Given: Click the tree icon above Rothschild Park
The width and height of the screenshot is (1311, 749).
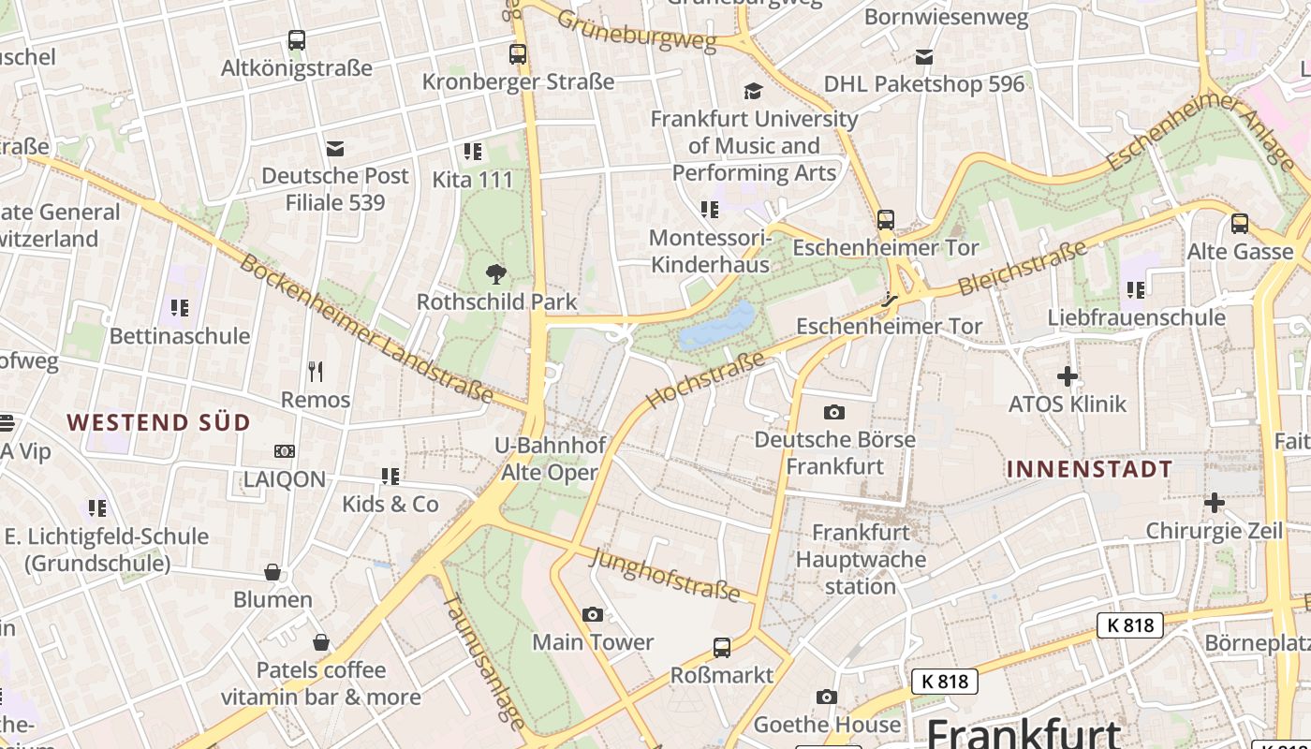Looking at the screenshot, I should coord(496,274).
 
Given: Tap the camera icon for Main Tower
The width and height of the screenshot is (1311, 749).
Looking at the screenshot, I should coord(593,614).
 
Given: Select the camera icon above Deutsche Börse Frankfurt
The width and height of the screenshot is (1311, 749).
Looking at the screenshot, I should coord(833,412).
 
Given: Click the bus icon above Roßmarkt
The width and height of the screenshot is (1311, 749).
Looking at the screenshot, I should coord(721,647).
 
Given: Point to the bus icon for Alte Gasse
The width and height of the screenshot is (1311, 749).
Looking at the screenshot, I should coord(1240,224).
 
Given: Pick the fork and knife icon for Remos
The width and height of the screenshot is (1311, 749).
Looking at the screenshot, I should coord(316,372).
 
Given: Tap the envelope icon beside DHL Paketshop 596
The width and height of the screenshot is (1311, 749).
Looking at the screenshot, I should coord(924,57).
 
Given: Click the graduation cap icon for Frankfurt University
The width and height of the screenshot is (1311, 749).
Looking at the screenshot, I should coord(753,91).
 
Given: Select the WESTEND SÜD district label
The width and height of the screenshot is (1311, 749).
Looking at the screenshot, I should coord(159,422).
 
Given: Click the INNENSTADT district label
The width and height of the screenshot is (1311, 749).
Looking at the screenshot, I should coord(1089,469).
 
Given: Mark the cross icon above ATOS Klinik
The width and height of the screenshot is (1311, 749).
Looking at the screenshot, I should coord(1067,377).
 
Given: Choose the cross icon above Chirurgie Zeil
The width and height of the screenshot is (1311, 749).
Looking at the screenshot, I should coord(1214,504).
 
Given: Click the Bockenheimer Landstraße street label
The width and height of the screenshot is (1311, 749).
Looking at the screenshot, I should coord(365,328).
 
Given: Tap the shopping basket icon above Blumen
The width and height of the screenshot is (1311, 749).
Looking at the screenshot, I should coord(273,572).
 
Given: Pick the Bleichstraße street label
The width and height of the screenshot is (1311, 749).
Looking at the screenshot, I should coord(1022,267).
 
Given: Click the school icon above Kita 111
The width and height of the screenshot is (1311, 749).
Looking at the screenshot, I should coord(473,152).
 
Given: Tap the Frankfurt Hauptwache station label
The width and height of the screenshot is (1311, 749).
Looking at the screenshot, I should coord(861,559).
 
